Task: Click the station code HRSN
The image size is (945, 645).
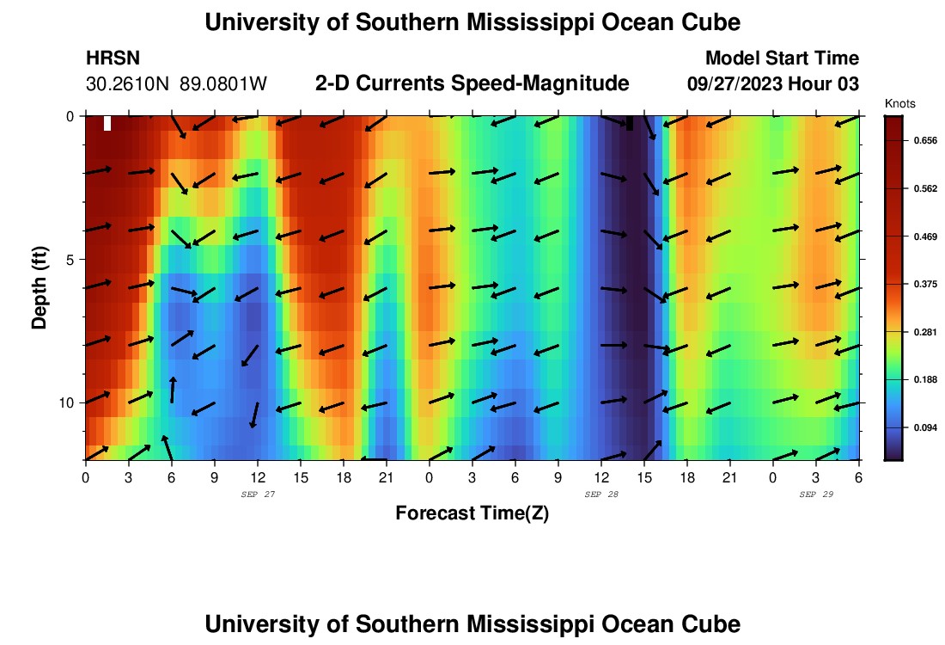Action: click(113, 58)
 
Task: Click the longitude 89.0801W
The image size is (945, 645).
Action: click(223, 84)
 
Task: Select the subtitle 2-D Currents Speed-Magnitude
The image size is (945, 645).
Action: click(472, 83)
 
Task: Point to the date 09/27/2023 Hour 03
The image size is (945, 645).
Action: click(773, 84)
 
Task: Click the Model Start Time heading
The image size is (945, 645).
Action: click(782, 58)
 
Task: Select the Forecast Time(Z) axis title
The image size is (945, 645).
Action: click(472, 513)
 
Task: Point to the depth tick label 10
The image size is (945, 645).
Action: click(69, 402)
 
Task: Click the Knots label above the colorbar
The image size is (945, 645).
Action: click(899, 103)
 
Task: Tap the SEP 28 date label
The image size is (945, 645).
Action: click(601, 494)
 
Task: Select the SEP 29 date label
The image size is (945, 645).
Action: click(816, 494)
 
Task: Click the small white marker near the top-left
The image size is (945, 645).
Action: click(107, 123)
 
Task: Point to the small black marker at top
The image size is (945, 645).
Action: click(630, 123)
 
